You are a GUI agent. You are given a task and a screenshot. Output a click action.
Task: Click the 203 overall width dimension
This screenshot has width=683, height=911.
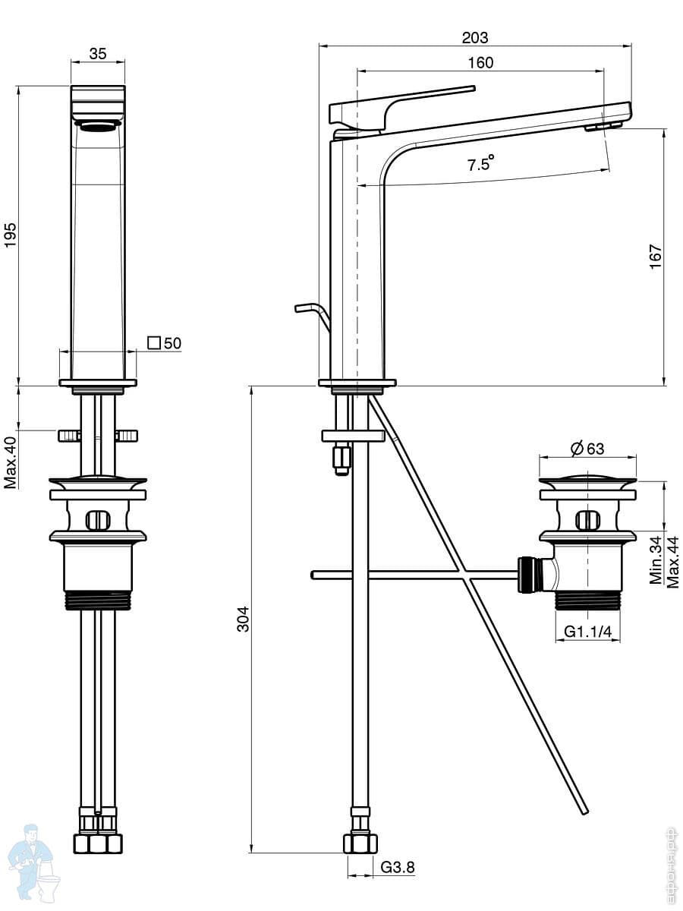tap(475, 38)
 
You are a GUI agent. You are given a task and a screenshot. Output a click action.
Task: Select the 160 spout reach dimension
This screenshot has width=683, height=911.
tap(480, 63)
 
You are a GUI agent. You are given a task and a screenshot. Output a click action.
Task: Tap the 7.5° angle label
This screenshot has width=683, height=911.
tap(481, 163)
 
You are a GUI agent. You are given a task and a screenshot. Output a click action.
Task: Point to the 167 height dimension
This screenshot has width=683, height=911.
tap(656, 257)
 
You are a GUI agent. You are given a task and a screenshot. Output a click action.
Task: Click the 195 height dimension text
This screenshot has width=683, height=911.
tap(10, 235)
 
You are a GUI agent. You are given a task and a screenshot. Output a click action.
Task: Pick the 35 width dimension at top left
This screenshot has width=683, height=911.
tap(98, 54)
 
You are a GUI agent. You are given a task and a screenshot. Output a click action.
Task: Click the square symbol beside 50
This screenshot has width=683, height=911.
tap(154, 343)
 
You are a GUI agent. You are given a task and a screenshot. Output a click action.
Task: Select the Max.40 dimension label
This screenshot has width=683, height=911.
tap(11, 462)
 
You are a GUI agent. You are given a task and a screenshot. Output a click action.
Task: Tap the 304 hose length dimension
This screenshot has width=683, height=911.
tap(243, 619)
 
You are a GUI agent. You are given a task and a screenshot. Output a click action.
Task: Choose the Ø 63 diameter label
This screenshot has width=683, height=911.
tap(587, 448)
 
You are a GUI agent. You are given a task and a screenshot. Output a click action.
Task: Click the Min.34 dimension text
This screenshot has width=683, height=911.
tap(656, 560)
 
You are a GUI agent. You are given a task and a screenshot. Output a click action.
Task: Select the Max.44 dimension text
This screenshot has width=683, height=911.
tap(672, 563)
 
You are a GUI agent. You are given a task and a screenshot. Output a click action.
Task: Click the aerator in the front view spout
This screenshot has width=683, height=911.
tap(99, 126)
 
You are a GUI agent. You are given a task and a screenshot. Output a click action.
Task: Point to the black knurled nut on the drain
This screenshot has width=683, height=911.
tap(528, 575)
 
